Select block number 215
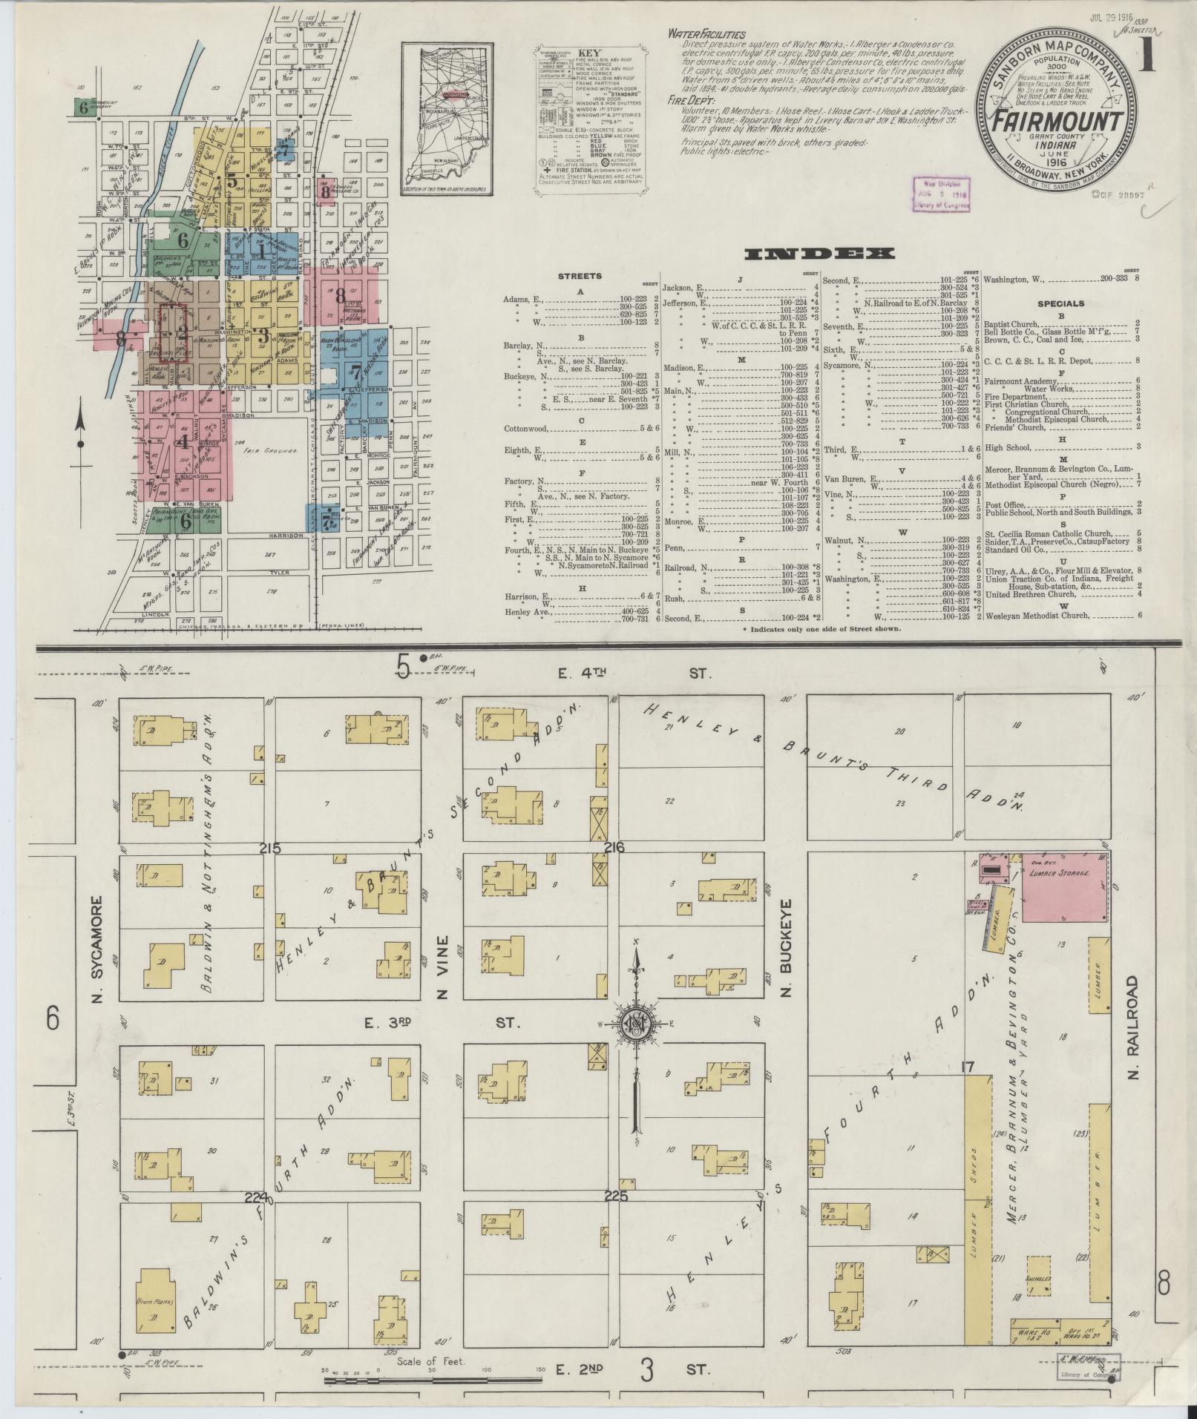270,847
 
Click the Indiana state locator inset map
449,120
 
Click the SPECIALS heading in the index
1060,303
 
